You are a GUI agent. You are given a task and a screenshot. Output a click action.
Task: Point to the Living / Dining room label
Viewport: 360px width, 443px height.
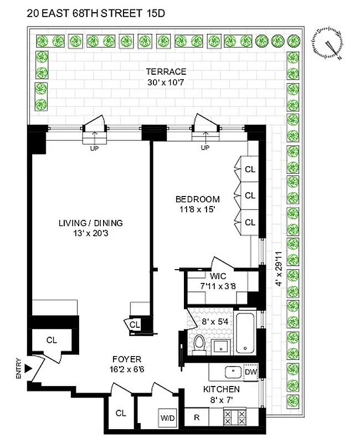coord(91,228)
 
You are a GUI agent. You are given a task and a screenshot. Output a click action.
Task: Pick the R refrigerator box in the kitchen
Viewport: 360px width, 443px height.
coord(197,417)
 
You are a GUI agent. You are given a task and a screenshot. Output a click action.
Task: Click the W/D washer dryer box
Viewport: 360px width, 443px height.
coord(167,417)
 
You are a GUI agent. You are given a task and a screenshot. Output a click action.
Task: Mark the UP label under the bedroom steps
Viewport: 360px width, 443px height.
coord(205,148)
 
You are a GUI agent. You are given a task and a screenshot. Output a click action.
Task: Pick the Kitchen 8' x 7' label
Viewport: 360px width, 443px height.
coord(222,394)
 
